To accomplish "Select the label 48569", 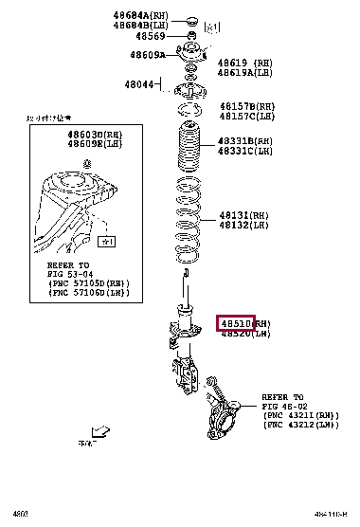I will (151, 36).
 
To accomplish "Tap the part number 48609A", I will (148, 55).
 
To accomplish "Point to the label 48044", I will (138, 84).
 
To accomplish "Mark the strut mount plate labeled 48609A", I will (189, 57).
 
